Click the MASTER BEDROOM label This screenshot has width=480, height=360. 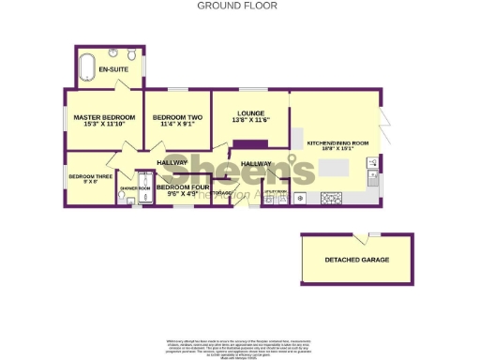coord(104,117)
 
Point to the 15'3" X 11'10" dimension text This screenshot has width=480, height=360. coord(104,125)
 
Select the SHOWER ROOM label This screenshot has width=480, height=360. coord(135,188)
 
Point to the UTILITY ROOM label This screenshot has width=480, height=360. coord(275,191)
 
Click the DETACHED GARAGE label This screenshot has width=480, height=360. coord(356,260)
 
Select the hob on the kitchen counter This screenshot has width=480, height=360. coord(331,198)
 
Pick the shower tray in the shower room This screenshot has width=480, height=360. coord(145,178)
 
